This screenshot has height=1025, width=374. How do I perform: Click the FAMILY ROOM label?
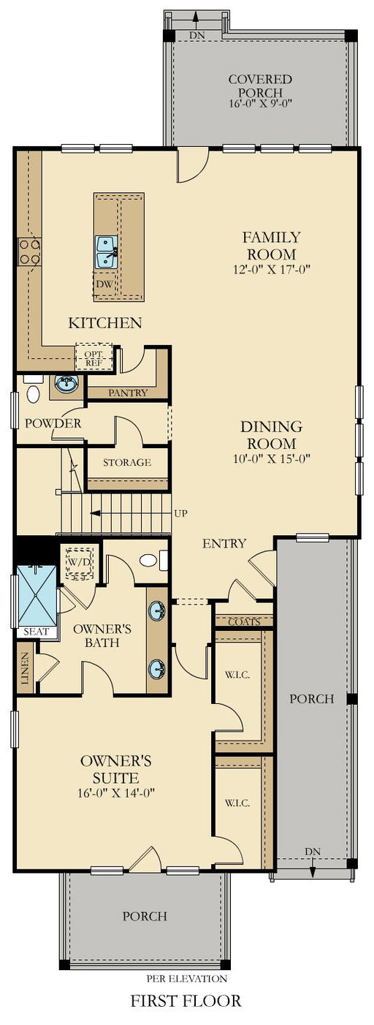[271, 246]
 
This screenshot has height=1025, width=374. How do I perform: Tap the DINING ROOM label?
[271, 435]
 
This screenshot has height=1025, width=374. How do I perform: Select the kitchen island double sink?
[107, 252]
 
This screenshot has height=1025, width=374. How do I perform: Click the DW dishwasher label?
[104, 284]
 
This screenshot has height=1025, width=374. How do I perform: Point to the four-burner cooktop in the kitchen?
[29, 251]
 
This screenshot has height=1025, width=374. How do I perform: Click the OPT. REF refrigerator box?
[93, 357]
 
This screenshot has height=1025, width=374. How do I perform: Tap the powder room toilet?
[32, 389]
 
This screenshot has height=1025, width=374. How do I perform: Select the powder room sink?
[66, 384]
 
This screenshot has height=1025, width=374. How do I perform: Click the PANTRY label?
[128, 393]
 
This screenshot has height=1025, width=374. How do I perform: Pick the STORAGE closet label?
[126, 462]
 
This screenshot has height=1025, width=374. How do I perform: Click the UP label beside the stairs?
[180, 513]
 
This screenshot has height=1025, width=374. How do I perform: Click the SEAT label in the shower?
[36, 632]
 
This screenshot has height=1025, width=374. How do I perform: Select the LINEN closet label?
[25, 668]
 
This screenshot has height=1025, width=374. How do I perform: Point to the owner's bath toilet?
[153, 561]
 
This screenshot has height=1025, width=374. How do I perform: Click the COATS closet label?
[244, 622]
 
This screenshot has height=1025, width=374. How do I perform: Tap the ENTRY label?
[224, 543]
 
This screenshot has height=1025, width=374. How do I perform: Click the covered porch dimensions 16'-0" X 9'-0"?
[260, 103]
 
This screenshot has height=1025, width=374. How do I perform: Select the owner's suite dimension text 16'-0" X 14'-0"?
[117, 793]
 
